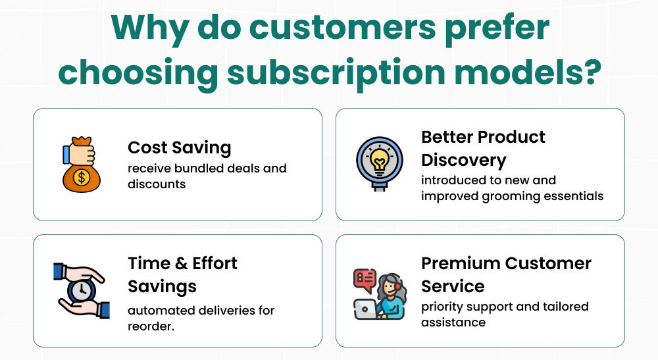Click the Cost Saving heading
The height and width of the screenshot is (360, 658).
(x=179, y=147)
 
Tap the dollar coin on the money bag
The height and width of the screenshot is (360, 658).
(x=82, y=178)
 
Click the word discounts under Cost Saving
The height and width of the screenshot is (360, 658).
(x=157, y=184)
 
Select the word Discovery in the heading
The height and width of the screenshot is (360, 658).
(x=464, y=161)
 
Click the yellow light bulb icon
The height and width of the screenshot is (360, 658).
(x=380, y=160)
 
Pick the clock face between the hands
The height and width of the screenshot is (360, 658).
(x=82, y=290)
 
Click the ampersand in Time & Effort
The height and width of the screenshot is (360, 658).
(x=182, y=263)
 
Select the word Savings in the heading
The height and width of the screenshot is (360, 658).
(x=162, y=287)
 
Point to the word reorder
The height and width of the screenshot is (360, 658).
(x=151, y=326)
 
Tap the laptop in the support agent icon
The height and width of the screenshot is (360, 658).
(x=366, y=309)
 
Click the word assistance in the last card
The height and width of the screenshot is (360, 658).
(x=453, y=322)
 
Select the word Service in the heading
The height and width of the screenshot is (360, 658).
(x=453, y=286)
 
